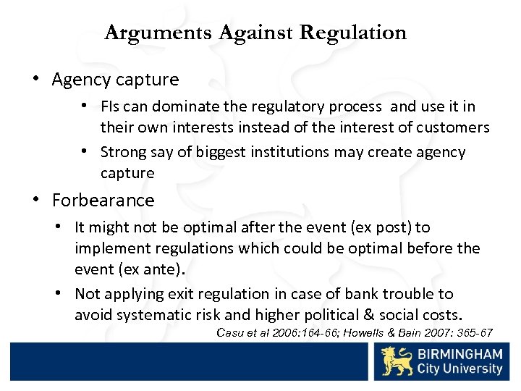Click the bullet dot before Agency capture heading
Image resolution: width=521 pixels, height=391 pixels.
click(36, 79)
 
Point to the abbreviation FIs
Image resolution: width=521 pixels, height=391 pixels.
click(110, 107)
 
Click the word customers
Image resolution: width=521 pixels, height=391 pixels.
click(457, 127)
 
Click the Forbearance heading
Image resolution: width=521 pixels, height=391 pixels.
click(103, 200)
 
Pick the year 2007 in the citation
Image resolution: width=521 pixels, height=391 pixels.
click(443, 333)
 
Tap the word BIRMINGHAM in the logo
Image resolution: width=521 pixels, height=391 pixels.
click(459, 355)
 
